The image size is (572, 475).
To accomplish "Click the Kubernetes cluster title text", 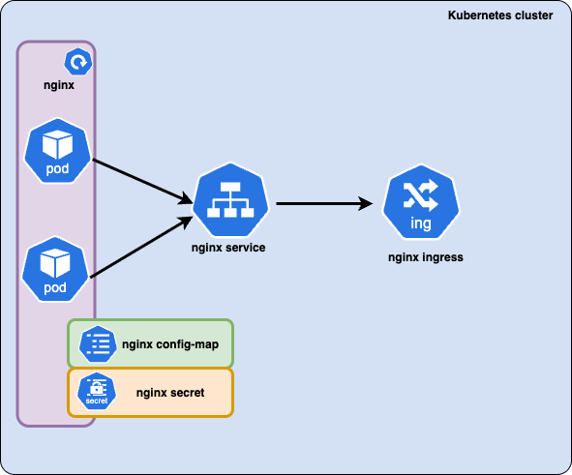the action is tap(500, 15).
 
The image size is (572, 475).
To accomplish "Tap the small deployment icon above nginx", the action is tap(78, 62).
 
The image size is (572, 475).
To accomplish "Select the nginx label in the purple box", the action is tap(59, 85).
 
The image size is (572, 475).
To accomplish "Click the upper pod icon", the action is tap(57, 151).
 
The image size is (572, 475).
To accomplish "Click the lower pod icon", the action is tap(55, 269).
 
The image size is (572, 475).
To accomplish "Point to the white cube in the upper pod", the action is tap(57, 145).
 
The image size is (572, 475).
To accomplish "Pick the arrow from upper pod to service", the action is tap(142, 182).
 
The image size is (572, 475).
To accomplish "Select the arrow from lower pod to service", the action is tap(141, 247).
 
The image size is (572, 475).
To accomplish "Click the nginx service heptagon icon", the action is tap(230, 199).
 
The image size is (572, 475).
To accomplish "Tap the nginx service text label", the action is tap(228, 248).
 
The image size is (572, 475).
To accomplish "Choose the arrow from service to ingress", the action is tap(324, 203).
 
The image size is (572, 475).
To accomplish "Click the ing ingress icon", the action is tap(421, 202).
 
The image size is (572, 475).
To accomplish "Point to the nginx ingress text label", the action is tap(426, 257).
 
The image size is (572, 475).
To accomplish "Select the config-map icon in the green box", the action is tap(98, 344).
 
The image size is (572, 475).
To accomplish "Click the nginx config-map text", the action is tap(170, 344).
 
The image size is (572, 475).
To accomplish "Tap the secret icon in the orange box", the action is tap(97, 391).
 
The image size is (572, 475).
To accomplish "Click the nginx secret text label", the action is tap(170, 393).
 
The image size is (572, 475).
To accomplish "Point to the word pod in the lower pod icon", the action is tap(55, 288).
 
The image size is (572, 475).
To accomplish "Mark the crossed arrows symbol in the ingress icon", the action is tap(421, 195).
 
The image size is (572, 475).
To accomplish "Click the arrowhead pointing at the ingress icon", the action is tap(366, 203).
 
